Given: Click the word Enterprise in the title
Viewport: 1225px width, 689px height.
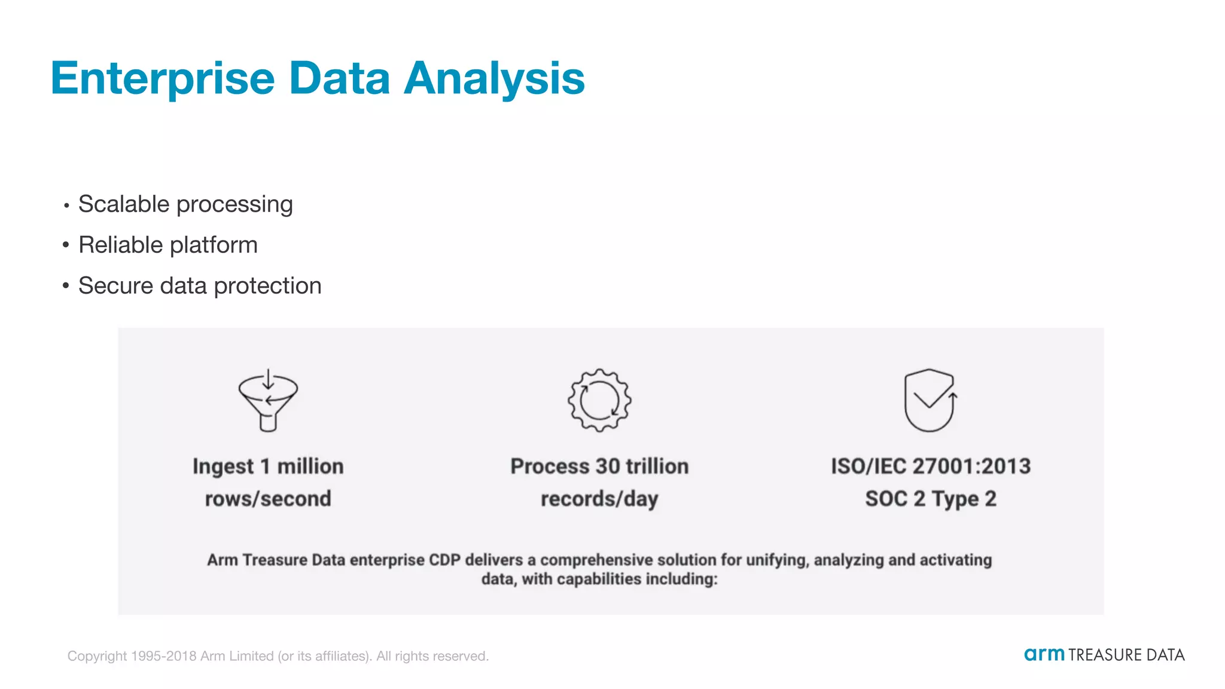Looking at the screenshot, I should pos(163,79).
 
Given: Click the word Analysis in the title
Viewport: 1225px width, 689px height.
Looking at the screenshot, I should pos(494,79).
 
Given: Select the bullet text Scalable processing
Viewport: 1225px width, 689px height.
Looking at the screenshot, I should pos(185,205).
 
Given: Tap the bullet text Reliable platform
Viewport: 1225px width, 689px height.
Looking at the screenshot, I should pos(168,245).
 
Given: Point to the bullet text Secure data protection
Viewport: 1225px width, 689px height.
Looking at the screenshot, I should pos(200,286).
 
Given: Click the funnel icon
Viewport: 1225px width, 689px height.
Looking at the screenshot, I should pos(268,400).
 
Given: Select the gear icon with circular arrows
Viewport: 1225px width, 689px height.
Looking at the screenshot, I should pos(599,400).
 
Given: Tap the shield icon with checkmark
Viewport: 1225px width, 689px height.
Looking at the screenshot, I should pos(930,400).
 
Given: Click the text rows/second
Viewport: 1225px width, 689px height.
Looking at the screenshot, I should pos(268,499).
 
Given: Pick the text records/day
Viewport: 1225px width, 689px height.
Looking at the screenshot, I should pos(599,499).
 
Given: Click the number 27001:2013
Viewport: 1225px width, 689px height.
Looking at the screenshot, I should pos(972,467).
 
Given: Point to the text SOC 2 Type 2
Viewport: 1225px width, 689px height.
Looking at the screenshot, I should pos(931,499).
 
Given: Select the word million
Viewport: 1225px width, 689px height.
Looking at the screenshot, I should pos(310,467).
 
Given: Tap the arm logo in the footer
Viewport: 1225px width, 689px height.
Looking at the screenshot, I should pos(1044,654).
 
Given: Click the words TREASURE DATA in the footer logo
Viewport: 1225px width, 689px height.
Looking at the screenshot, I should pos(1126,656).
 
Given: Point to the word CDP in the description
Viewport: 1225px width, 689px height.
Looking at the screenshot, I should pos(444,560).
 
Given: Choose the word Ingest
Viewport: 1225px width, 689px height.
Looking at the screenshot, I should pos(223,467).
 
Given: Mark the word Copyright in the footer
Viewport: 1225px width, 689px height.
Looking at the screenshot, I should pos(97,656).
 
